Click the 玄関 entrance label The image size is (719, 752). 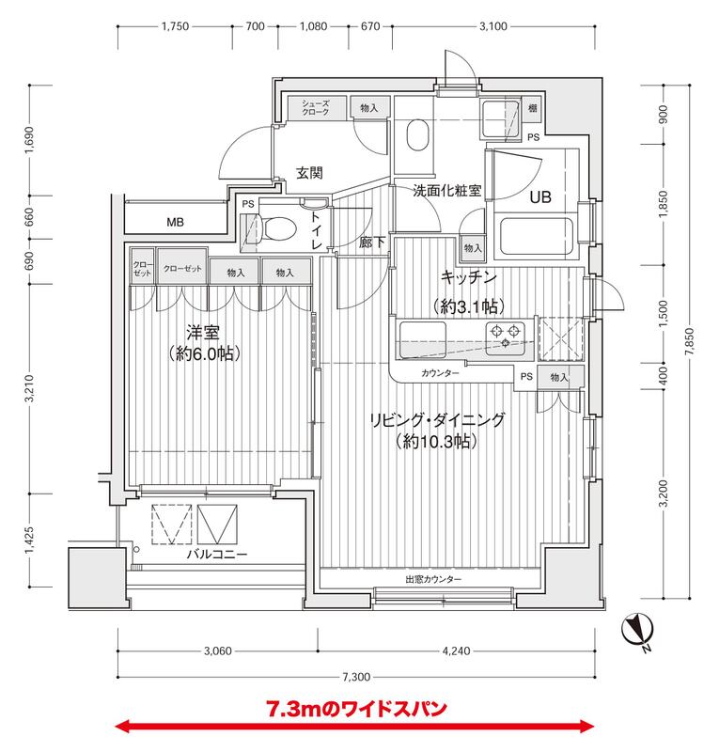[x=310, y=173]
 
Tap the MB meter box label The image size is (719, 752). [x=175, y=223]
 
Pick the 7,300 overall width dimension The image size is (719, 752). [x=356, y=676]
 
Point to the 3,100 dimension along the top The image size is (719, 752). [x=493, y=26]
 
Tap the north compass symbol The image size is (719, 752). [x=638, y=625]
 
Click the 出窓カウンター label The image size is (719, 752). [x=433, y=579]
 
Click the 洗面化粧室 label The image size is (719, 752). [x=446, y=190]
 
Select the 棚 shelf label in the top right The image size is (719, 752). [x=533, y=109]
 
